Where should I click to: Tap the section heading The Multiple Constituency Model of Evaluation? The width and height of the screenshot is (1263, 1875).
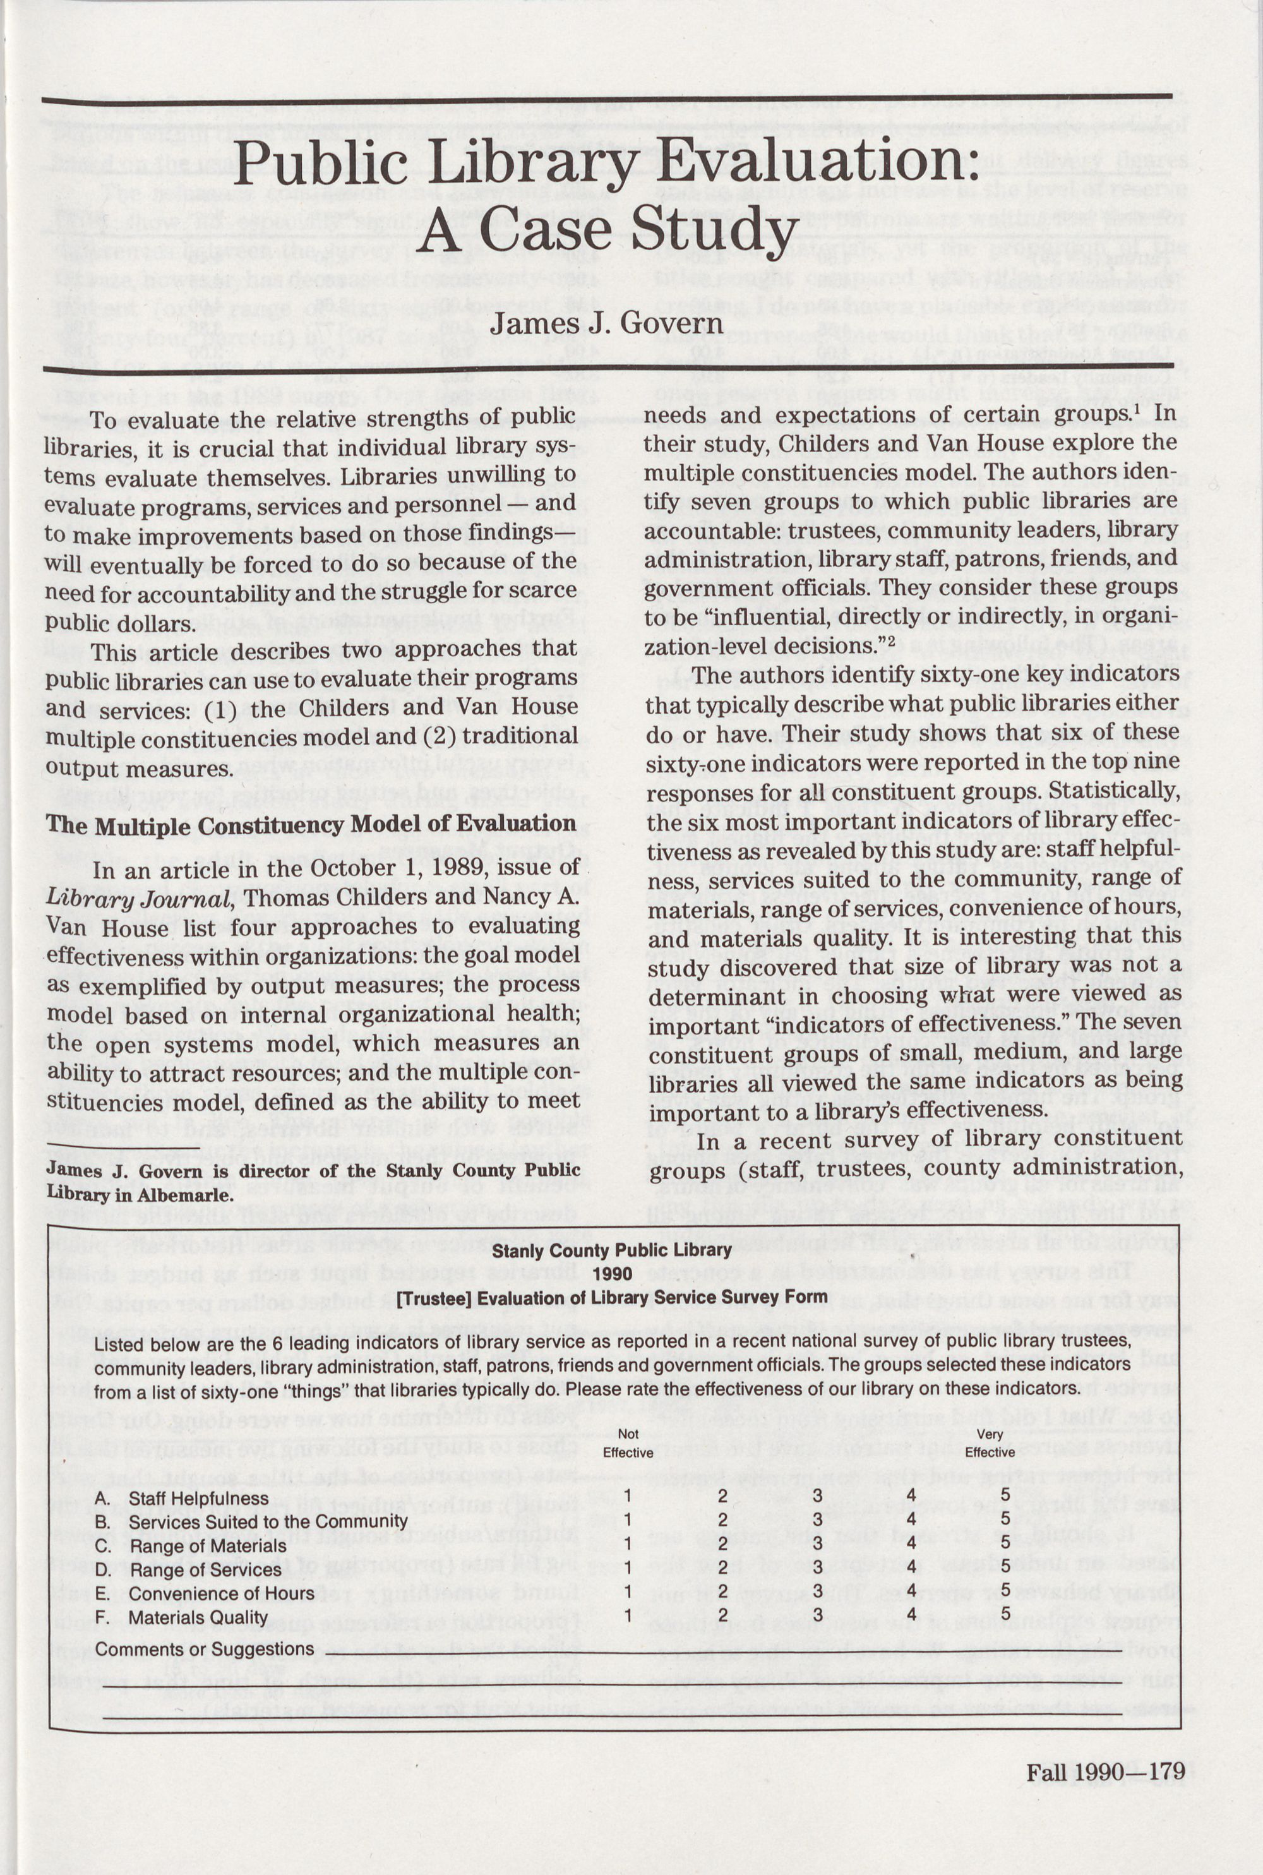tap(311, 825)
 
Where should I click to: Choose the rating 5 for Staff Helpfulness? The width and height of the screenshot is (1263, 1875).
tap(1005, 1495)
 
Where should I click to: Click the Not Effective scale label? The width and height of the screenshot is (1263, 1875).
tap(628, 1442)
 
